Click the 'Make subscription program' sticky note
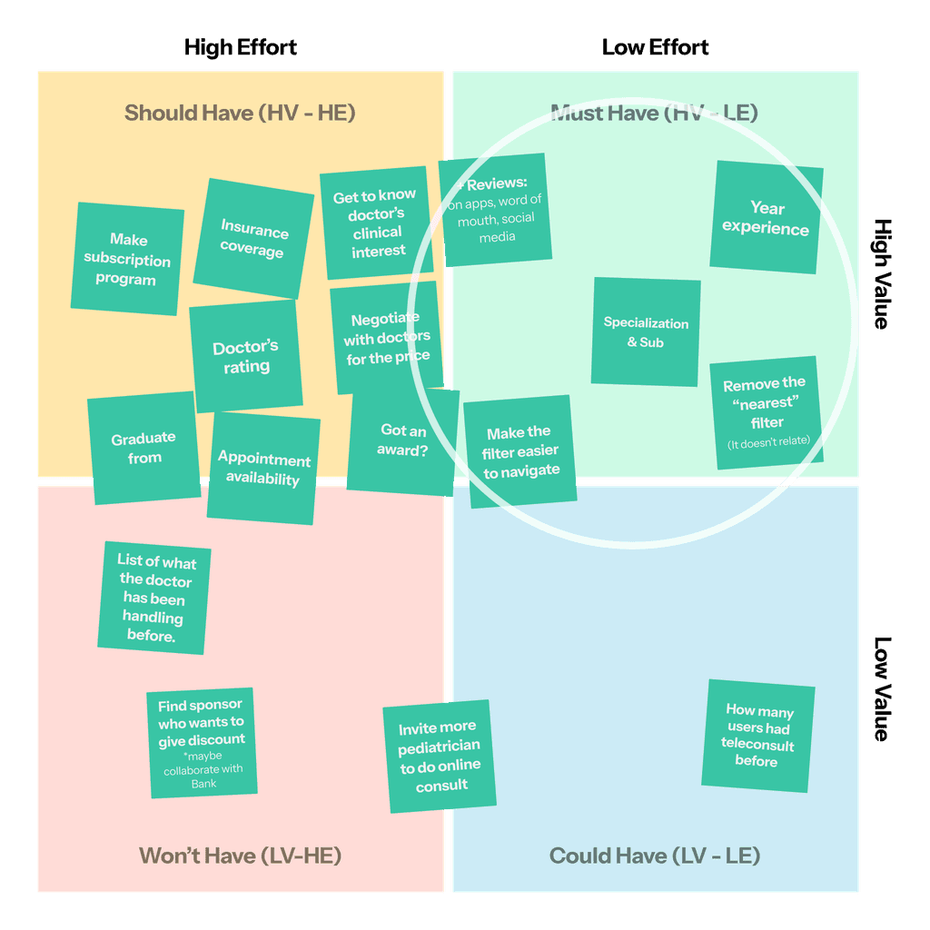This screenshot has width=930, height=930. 127,259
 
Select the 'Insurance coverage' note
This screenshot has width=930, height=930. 253,239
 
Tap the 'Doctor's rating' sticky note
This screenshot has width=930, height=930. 246,356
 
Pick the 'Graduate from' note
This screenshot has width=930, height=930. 143,448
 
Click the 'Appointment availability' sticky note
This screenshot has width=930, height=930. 263,469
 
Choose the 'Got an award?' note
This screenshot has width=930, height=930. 402,440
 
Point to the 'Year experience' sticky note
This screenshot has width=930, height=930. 766,218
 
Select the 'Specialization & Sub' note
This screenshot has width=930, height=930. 646,332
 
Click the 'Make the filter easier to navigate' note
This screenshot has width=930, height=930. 520,451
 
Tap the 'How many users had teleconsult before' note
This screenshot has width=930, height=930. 757,736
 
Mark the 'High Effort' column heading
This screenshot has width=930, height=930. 241,47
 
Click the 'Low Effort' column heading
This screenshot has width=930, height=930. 656,47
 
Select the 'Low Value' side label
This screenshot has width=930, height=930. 881,688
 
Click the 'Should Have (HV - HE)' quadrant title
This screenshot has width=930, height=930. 240,113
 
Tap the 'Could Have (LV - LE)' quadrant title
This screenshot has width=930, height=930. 655,856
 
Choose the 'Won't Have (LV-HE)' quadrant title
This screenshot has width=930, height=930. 240,856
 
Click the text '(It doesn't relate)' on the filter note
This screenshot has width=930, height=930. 768,442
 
